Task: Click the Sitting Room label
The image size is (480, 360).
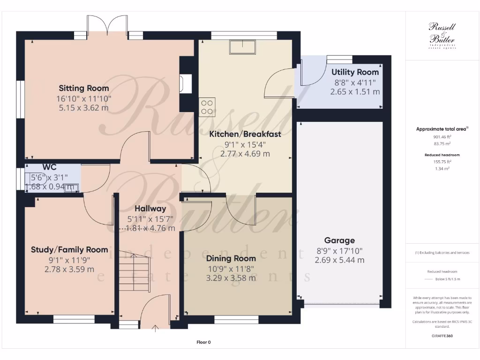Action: (84, 88)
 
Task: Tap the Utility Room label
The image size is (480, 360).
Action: (355, 72)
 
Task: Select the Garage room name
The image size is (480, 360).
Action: (339, 240)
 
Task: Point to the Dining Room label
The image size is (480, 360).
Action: (231, 258)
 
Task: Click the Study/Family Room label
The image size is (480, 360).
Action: (69, 250)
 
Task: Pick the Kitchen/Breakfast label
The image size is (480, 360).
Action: (245, 134)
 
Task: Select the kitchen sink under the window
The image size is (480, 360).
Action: (242, 47)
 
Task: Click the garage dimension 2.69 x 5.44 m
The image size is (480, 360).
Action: (339, 260)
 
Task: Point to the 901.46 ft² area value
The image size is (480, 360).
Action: (442, 137)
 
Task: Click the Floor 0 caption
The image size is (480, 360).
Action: (203, 342)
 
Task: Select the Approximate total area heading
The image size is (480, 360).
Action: (442, 129)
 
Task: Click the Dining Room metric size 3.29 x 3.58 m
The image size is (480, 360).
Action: (231, 278)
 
